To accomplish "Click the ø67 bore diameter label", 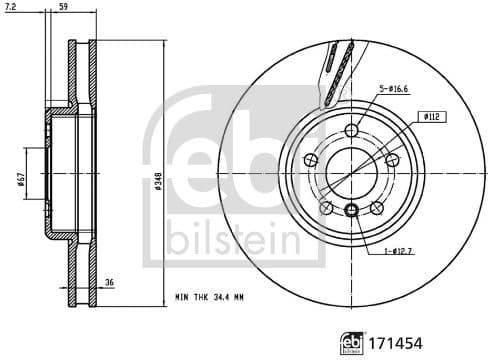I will tap(20, 179).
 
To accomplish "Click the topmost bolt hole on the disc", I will tap(351, 132).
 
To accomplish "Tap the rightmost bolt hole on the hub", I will tap(392, 161).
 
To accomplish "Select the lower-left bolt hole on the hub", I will tap(326, 208).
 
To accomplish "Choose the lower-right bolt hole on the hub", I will tap(377, 208).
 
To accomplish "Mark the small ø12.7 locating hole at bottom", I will tap(351, 210).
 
